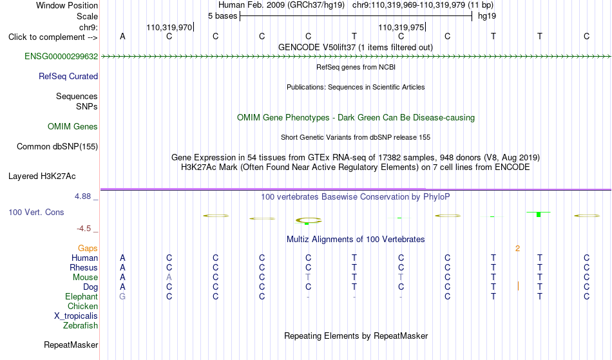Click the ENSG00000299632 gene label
point(61,56)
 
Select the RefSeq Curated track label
point(68,76)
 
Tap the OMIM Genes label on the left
point(73,126)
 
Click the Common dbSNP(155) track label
point(57,146)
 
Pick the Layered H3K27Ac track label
point(42,176)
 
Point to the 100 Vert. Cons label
point(36,212)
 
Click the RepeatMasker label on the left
point(71,345)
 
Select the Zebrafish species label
point(81,325)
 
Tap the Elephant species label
point(82,296)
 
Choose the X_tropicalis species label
point(76,316)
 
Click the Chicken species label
point(82,306)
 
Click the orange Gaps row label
point(88,248)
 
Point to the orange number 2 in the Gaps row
point(517,249)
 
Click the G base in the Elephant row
point(122,296)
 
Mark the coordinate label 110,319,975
point(401,27)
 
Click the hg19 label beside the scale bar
point(487,16)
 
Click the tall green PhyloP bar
point(539,214)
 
